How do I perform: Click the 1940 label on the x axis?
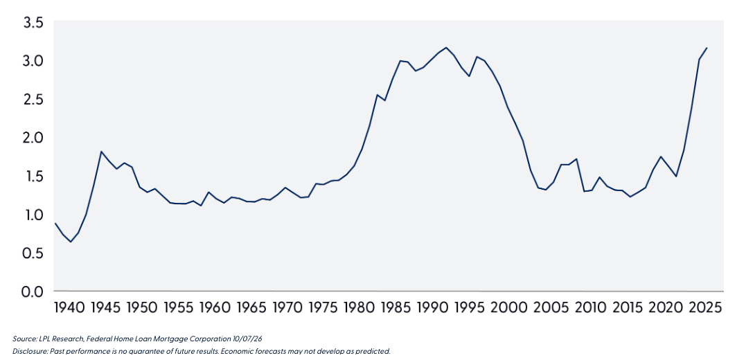(x=69, y=308)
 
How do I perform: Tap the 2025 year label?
(x=706, y=308)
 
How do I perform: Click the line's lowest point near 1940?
(x=71, y=242)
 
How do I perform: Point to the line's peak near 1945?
(x=100, y=152)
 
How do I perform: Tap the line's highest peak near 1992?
(x=446, y=48)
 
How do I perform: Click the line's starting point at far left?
(x=55, y=223)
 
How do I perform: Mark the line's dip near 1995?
(x=469, y=76)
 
